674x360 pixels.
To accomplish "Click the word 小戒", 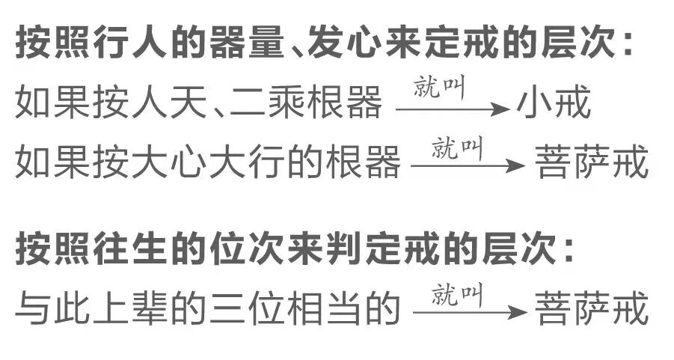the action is coord(554,106).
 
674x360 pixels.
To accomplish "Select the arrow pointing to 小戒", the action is coord(452,109).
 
